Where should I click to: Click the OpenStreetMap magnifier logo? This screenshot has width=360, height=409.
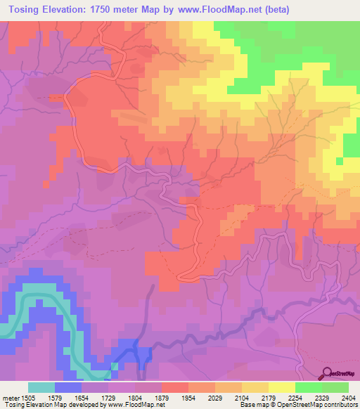[x=328, y=372]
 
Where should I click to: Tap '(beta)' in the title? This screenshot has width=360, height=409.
[x=276, y=10]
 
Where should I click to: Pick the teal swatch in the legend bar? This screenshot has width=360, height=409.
[x=41, y=387]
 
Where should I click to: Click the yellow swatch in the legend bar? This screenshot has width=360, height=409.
[x=282, y=387]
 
